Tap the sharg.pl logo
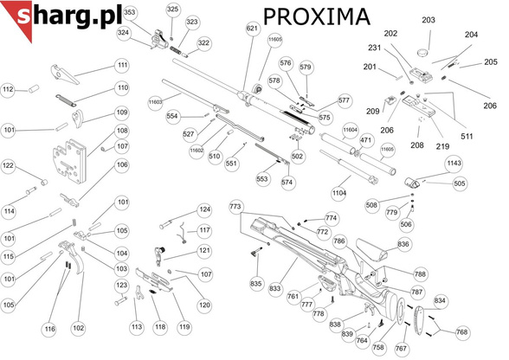point(56,16)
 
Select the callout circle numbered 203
point(428,20)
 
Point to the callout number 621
point(252,29)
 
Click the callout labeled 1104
point(338,192)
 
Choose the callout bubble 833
point(276,286)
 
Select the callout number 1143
point(453,163)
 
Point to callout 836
point(403,245)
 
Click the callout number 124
point(204,209)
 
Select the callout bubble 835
point(255,283)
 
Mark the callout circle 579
point(305,67)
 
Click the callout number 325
point(172,9)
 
